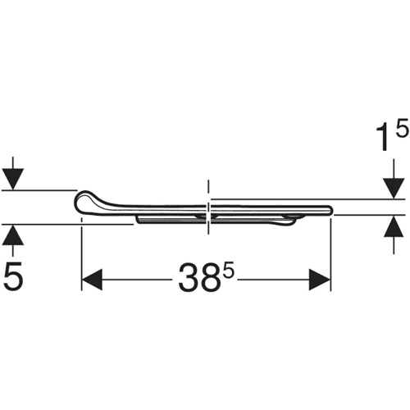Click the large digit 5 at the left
(x=14, y=276)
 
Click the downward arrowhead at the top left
(x=13, y=179)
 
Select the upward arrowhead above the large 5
(x=13, y=235)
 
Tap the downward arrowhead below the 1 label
(x=394, y=189)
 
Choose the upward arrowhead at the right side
(x=394, y=225)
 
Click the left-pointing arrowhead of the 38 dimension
(x=92, y=280)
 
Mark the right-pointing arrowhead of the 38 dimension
(x=320, y=280)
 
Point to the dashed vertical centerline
(x=208, y=207)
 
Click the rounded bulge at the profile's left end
(x=84, y=202)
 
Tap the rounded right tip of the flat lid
(x=330, y=210)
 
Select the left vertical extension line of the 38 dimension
(x=82, y=254)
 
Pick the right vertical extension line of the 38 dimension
(x=330, y=254)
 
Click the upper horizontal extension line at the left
(x=39, y=189)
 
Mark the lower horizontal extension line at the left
(x=67, y=225)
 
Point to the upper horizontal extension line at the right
(x=308, y=199)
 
